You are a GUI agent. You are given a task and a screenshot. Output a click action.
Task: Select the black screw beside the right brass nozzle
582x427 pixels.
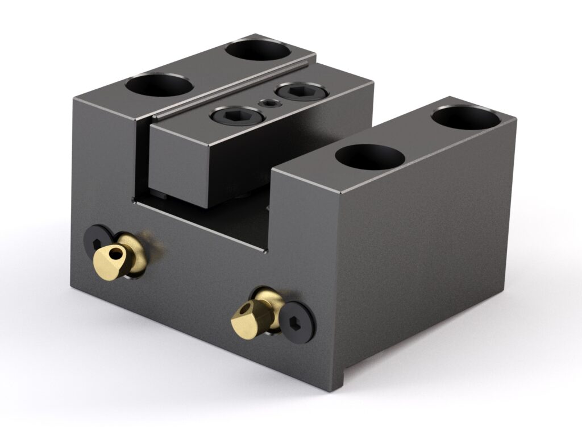pos(297,322)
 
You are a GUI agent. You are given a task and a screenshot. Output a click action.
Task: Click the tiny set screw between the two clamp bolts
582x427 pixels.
pos(267,103)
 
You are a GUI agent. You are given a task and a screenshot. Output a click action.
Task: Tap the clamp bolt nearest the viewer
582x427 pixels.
pos(237,116)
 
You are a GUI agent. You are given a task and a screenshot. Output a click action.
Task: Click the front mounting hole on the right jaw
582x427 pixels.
pos(369,156)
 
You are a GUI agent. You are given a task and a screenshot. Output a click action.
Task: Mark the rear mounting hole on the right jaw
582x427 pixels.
pos(465,117)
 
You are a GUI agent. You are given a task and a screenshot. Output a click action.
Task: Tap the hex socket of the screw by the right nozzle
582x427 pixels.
pos(298,322)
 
